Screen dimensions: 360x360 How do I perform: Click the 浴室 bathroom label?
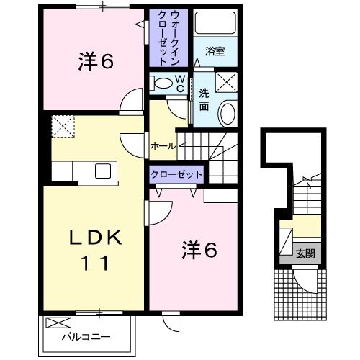point(215,51)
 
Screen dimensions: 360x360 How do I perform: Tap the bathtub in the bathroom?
point(215,22)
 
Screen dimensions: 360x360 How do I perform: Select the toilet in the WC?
point(161,83)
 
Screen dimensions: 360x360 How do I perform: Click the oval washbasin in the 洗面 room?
point(228,114)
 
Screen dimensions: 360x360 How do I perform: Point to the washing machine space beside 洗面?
point(226,82)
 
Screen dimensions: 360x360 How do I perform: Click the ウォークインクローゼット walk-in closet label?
point(168,38)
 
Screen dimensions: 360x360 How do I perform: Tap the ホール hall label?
point(163,146)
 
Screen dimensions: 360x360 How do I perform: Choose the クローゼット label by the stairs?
point(176,174)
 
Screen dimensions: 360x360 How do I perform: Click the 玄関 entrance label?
point(305,253)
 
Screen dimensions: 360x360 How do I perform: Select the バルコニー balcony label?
point(86,337)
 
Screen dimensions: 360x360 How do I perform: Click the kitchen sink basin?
point(103,171)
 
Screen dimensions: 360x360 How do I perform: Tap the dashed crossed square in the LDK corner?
point(63,127)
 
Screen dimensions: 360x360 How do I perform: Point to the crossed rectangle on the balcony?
point(58,323)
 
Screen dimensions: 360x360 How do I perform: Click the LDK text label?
point(96,238)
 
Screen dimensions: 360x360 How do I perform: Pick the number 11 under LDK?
point(95,263)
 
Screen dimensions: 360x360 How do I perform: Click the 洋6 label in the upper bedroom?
point(96,62)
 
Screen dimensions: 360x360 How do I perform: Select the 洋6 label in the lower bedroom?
point(199,250)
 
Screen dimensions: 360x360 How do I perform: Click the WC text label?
point(180,84)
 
